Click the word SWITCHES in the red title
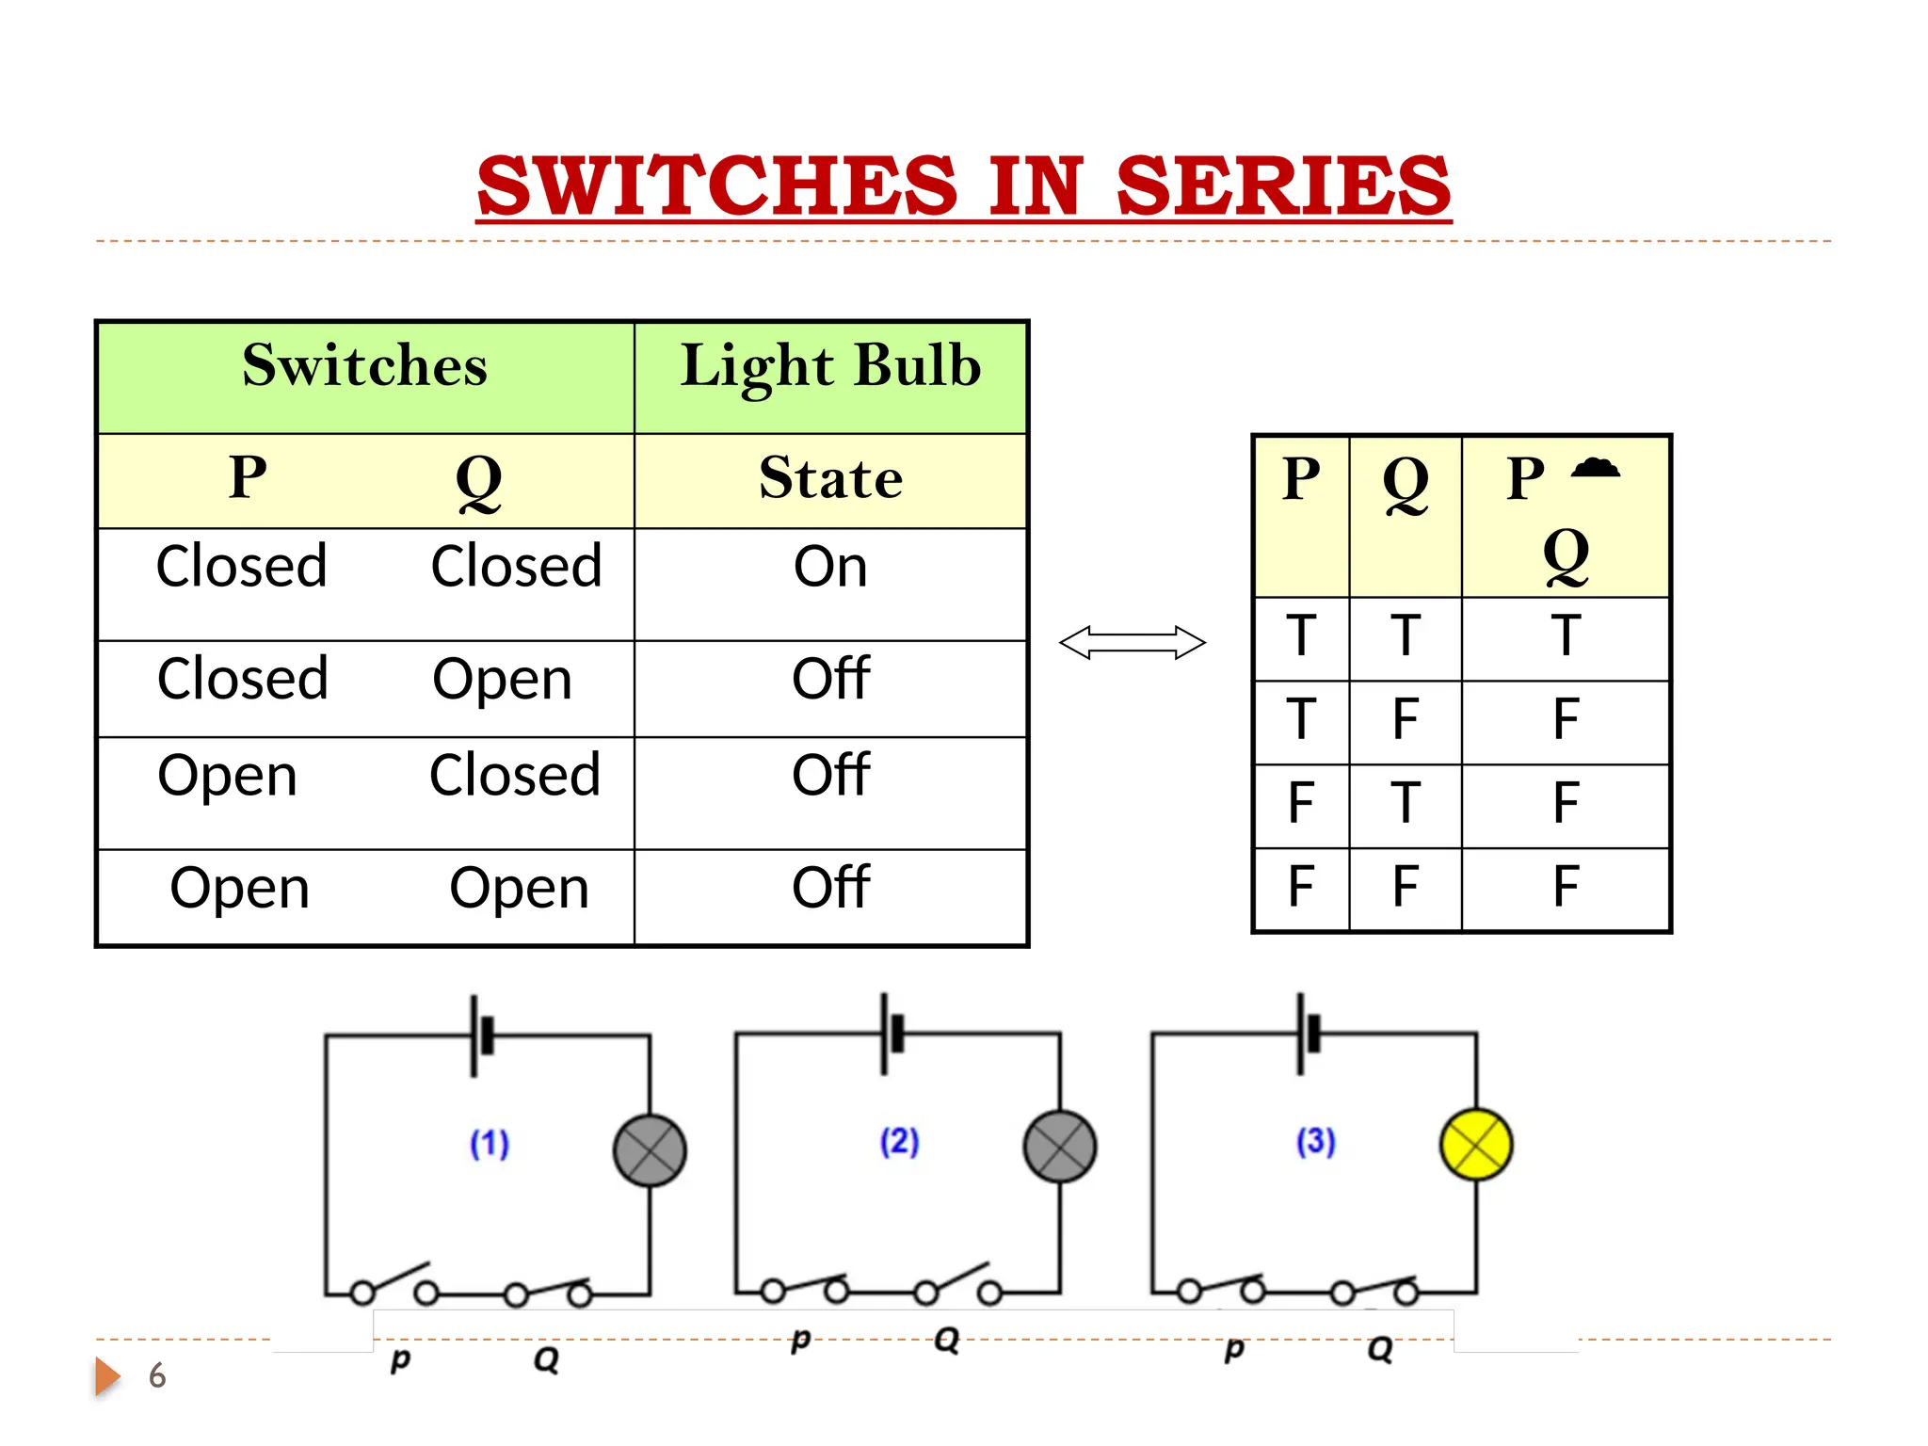(x=717, y=185)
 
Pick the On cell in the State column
(x=830, y=568)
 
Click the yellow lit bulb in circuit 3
(x=1476, y=1145)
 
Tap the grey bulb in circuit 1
(x=650, y=1150)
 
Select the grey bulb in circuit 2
(x=1060, y=1147)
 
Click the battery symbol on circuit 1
(x=481, y=1036)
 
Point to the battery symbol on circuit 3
(x=1308, y=1033)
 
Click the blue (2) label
(x=899, y=1142)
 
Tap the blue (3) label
(x=1315, y=1142)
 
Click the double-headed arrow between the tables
(x=1132, y=643)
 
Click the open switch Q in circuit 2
(x=957, y=1280)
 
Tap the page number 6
(x=157, y=1376)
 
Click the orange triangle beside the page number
(x=106, y=1376)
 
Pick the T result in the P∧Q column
(x=1566, y=636)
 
